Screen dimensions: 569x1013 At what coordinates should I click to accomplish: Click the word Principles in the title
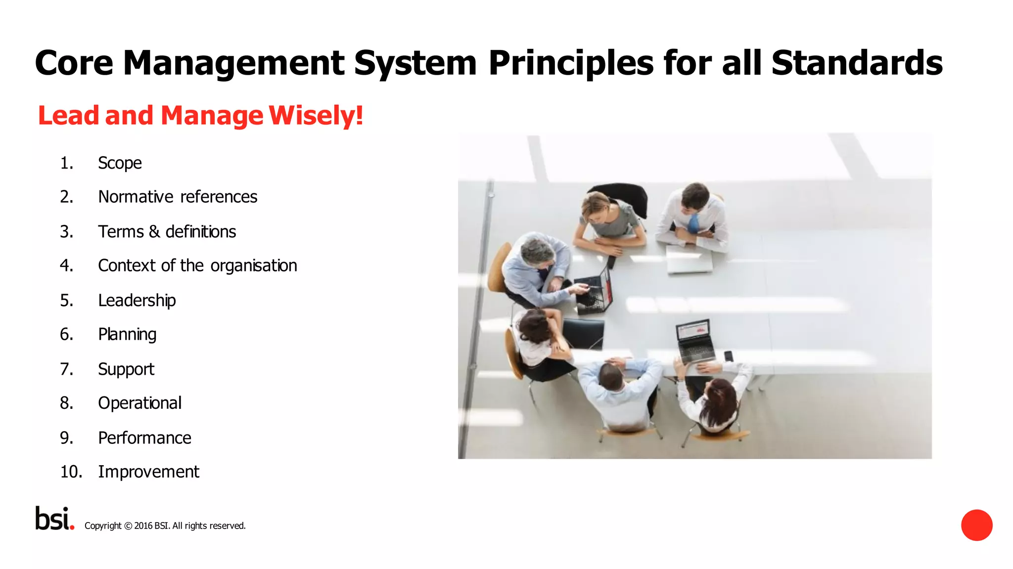(x=571, y=63)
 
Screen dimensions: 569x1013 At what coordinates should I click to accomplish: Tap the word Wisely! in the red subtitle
(x=316, y=116)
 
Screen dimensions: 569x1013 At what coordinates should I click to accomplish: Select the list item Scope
(x=120, y=163)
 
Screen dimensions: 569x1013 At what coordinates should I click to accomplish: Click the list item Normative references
(x=178, y=197)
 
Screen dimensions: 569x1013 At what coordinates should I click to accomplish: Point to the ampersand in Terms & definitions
(x=154, y=231)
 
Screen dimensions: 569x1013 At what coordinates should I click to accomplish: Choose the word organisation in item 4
(x=254, y=266)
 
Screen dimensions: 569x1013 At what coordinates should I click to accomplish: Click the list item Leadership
(x=137, y=301)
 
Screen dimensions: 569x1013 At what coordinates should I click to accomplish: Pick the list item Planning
(x=127, y=335)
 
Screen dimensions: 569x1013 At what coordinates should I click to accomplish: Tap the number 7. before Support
(x=66, y=369)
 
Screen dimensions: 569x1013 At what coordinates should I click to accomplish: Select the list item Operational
(x=139, y=403)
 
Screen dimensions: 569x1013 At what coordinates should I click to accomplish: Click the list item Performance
(x=144, y=438)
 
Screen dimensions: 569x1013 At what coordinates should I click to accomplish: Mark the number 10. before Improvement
(x=71, y=472)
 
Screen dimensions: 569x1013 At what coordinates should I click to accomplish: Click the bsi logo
(x=54, y=519)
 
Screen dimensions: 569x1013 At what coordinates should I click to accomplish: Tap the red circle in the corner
(x=976, y=525)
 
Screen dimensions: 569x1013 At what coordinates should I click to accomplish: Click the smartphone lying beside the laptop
(x=728, y=356)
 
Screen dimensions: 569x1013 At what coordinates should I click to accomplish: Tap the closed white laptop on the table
(x=690, y=260)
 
